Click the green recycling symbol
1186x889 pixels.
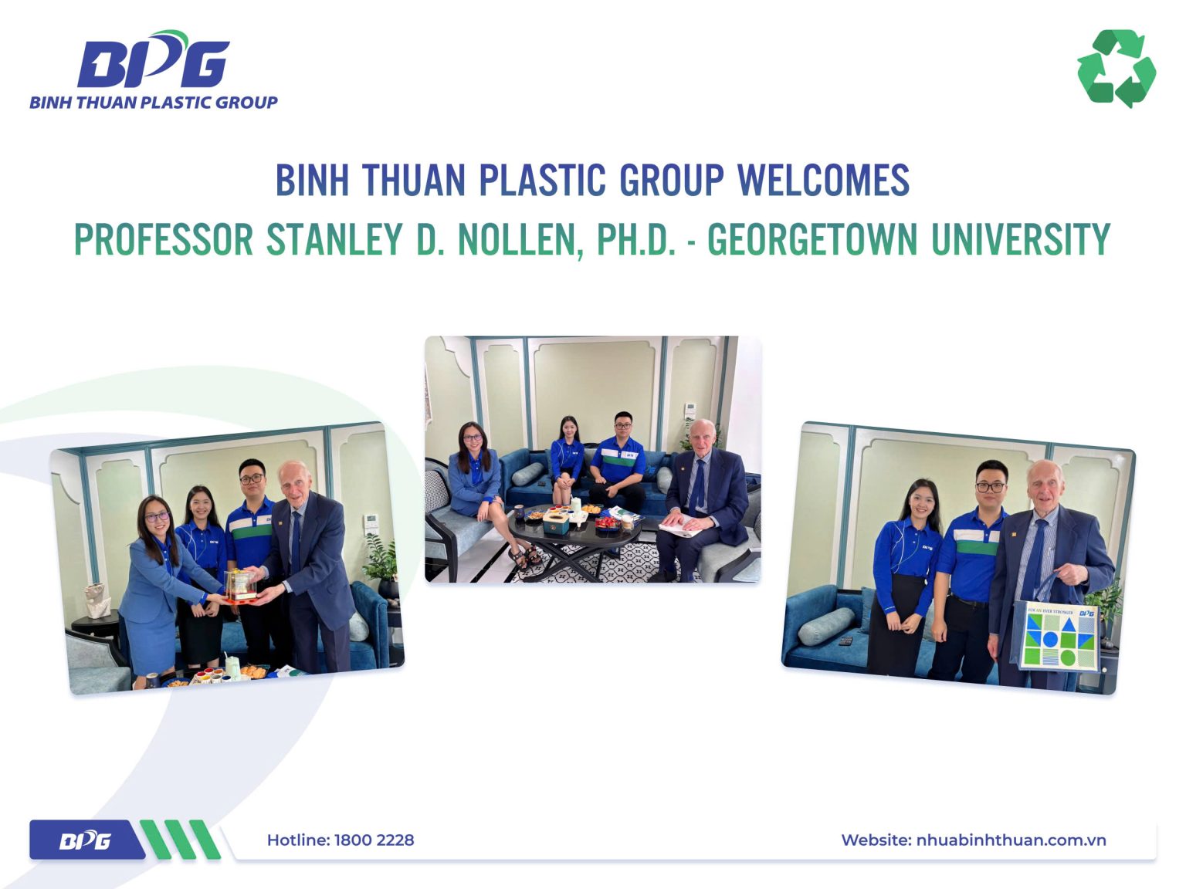tap(1117, 68)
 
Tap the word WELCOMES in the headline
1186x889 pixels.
tap(823, 180)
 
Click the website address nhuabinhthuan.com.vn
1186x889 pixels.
tap(1010, 840)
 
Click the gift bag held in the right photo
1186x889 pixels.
tap(1059, 635)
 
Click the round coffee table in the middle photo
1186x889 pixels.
tap(575, 532)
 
